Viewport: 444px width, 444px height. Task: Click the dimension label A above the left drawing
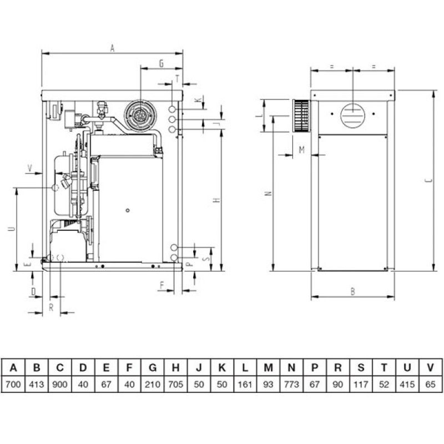pos(112,49)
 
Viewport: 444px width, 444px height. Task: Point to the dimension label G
pos(161,64)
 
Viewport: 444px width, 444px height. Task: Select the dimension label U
pos(12,228)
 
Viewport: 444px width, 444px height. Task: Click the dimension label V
pos(30,167)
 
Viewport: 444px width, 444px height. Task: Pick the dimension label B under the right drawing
pos(353,291)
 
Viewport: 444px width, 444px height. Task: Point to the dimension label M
pos(301,150)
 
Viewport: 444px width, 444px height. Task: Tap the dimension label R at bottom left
pos(51,307)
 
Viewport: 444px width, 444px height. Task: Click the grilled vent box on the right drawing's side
pos(300,116)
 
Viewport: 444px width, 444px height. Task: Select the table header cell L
pos(245,367)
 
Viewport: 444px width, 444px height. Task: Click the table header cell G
pos(152,367)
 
